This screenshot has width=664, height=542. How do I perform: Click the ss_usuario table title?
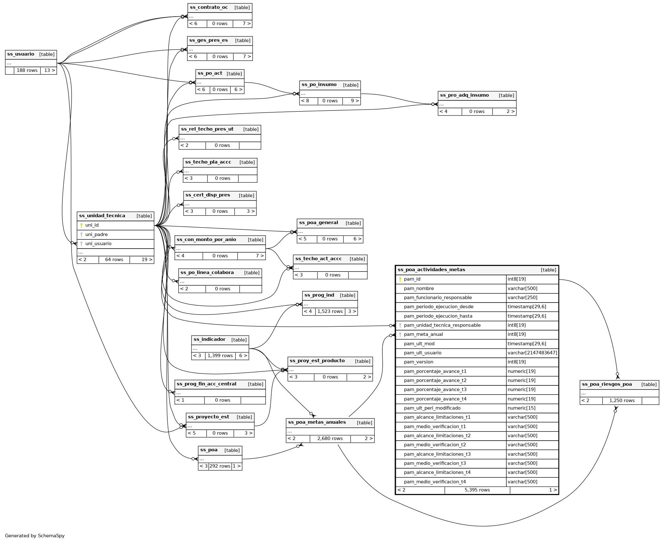click(21, 54)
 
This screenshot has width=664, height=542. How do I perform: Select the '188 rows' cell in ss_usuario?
click(27, 70)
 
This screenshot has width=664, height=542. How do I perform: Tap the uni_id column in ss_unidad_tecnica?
click(92, 225)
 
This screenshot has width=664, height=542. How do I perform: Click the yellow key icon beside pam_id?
click(400, 279)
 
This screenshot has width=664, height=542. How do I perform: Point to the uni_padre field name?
click(96, 235)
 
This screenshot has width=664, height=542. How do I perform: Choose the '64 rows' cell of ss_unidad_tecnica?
click(114, 260)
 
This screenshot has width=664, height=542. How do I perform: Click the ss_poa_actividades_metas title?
click(431, 270)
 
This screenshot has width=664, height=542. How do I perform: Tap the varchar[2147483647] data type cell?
click(532, 353)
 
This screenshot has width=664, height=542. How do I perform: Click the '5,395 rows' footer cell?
click(477, 490)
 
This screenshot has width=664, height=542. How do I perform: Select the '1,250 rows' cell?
click(622, 401)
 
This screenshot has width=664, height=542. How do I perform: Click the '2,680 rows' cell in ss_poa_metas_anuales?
click(330, 439)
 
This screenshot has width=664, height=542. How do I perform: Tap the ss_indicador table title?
click(209, 340)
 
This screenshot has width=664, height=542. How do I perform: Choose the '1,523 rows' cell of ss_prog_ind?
click(330, 312)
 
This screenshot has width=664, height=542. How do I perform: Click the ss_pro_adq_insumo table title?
click(464, 95)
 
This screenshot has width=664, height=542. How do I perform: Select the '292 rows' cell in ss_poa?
click(220, 466)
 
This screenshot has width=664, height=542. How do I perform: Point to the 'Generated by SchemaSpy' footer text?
click(35, 536)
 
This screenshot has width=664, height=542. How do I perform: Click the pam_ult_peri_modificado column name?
click(432, 408)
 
